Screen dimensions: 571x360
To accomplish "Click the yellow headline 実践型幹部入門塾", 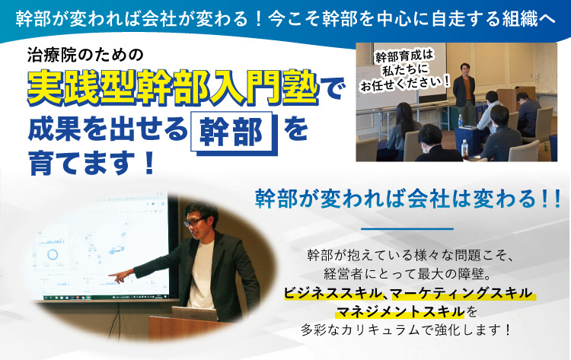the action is coord(173,88).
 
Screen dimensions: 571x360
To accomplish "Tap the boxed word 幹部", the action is coord(233,132).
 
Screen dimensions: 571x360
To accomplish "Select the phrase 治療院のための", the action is coord(85,55).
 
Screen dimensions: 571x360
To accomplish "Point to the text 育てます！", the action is coord(92,164).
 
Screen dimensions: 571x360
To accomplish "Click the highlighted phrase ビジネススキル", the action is coord(332,293).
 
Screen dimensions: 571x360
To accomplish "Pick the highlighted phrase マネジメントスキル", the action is coord(400,312).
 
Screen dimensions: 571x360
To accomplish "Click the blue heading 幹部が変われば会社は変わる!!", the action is coord(408,199).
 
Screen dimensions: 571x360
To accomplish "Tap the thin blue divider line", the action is coord(407,229).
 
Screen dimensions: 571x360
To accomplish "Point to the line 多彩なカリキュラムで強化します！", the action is coord(407,330).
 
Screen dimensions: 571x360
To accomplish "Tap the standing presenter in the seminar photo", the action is coord(464,94).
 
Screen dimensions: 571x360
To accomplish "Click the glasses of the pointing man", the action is coord(193,222).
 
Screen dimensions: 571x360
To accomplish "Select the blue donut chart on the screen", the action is coord(53,253).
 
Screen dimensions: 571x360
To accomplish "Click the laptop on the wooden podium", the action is coord(194,314).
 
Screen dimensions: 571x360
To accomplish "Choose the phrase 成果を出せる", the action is coord(107,129).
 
